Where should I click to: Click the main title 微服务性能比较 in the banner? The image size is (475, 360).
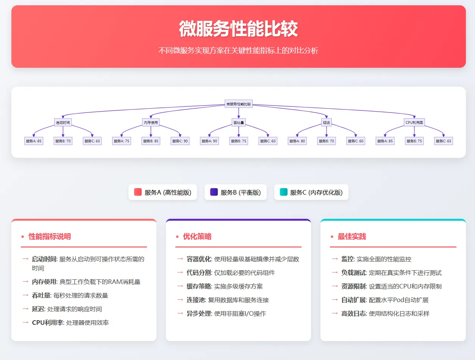[238, 29]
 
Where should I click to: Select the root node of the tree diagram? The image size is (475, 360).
[238, 104]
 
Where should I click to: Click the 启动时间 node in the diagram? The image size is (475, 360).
[63, 122]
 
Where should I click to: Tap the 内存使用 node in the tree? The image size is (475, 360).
[151, 122]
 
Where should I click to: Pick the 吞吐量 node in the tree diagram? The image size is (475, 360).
[239, 122]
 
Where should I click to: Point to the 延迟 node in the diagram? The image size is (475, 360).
[327, 122]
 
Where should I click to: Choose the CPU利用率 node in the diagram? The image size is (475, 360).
[414, 122]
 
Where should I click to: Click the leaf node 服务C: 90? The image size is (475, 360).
[180, 141]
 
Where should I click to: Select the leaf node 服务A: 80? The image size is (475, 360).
[297, 141]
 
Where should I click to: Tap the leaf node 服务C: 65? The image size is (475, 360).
[444, 141]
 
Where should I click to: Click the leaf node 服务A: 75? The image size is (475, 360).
[121, 141]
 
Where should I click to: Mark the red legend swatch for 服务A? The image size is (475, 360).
[138, 192]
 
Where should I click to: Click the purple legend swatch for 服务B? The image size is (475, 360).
[214, 192]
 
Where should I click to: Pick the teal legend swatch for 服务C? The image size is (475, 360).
[283, 192]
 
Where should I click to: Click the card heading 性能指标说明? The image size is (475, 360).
[50, 237]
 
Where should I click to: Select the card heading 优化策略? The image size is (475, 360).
[197, 237]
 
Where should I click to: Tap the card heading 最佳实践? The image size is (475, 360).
[352, 237]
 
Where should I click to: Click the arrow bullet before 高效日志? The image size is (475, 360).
[334, 313]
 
